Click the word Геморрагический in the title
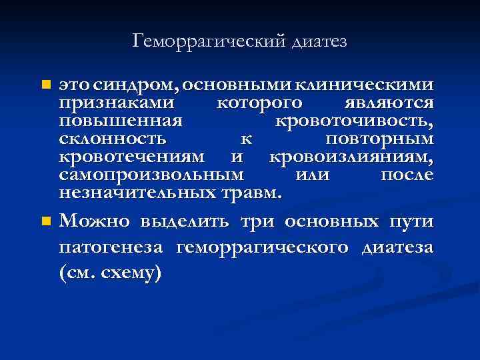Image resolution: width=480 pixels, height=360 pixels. point(209,41)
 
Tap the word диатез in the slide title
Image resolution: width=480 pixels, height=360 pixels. point(319,41)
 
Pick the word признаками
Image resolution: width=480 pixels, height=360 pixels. point(117,104)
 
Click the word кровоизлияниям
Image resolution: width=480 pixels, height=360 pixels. point(351,158)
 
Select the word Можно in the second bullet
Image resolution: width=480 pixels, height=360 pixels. point(95,221)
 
